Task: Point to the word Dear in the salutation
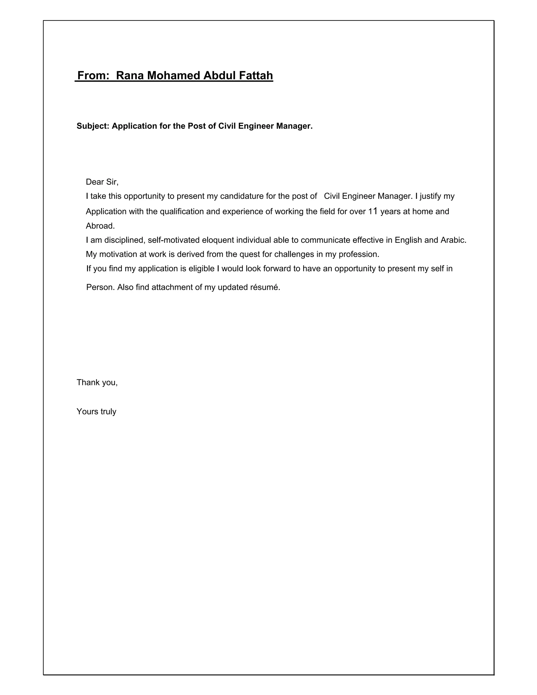coord(95,182)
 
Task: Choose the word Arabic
coord(453,240)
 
